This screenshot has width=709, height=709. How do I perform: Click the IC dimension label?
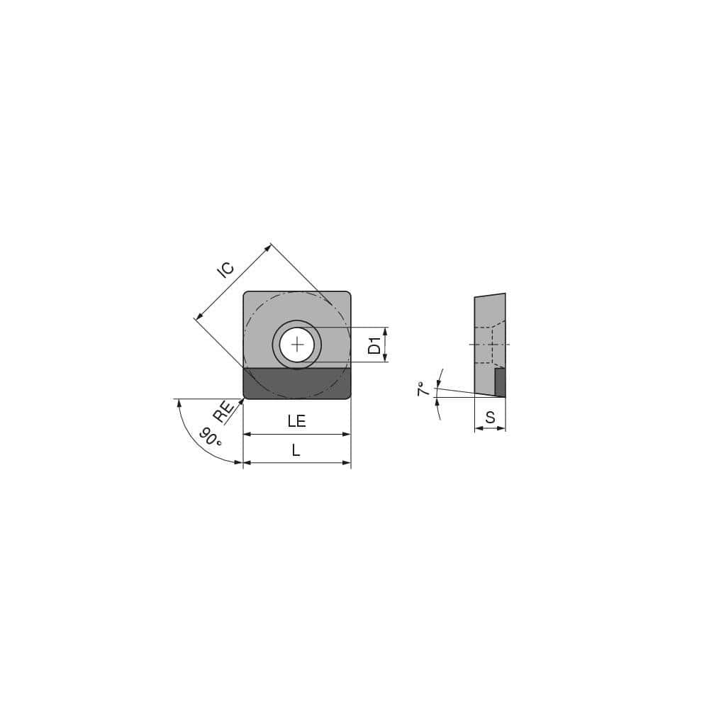(225, 269)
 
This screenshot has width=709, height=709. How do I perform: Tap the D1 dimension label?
(375, 345)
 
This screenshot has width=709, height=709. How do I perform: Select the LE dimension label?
(296, 421)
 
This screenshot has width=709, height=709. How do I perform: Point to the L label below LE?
(296, 450)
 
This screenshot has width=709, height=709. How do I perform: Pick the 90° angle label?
(211, 437)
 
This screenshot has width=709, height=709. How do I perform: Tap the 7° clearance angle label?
(423, 389)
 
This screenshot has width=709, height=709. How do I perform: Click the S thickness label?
(490, 418)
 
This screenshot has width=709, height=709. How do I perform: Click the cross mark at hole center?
(297, 345)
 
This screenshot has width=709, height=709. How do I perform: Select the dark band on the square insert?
(297, 383)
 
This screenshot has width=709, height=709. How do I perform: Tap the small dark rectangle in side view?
(500, 382)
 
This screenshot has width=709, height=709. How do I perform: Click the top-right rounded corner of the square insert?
(347, 295)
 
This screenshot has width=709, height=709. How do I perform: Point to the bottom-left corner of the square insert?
(246, 396)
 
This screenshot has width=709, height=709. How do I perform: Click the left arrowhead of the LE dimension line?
(247, 434)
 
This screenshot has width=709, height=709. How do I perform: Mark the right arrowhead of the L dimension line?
(347, 463)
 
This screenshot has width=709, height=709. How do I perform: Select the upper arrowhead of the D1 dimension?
(386, 331)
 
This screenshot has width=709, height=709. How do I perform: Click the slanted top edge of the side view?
(490, 295)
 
